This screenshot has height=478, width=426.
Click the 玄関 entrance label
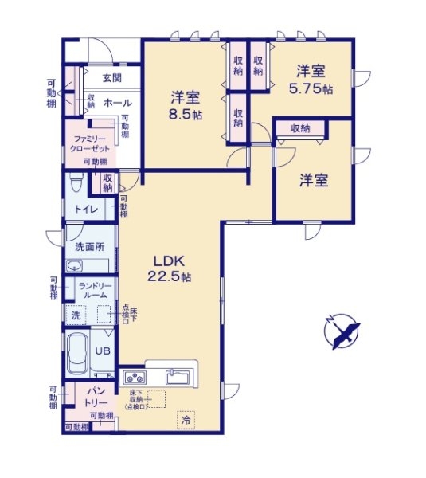coord(111,78)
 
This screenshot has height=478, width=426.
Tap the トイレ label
coord(86,209)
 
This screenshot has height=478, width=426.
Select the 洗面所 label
coord(89,248)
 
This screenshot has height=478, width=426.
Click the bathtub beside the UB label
coord(77,351)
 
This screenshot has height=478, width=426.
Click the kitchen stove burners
coord(133,378)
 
